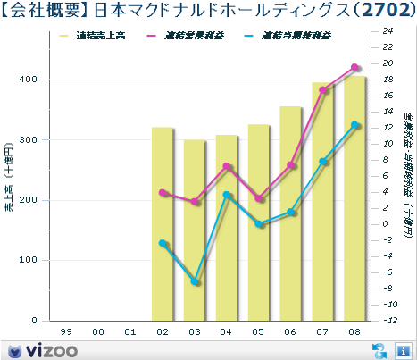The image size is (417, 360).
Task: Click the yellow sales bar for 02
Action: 163,223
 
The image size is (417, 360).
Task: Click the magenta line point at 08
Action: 354,67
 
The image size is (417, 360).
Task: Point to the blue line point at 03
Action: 195,281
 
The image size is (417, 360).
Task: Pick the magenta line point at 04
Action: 227,166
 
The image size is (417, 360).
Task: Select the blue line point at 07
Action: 323,162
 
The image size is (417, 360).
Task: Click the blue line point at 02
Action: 163,243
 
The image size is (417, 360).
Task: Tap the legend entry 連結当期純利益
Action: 299,37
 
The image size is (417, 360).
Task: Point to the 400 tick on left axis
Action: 28,80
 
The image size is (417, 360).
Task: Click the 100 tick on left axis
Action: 28,260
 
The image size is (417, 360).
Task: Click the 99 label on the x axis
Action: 66,331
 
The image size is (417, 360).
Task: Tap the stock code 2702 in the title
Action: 386,11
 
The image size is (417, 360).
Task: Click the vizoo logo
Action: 43,349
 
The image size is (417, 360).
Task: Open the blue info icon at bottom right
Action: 403,349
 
